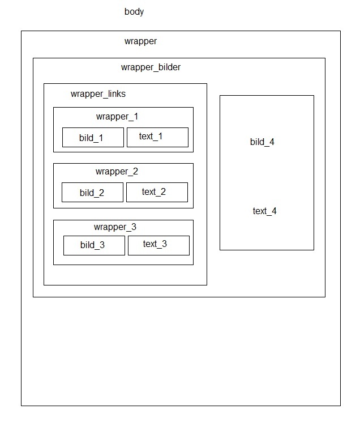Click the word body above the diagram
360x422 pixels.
(134, 12)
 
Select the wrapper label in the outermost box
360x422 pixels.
(140, 41)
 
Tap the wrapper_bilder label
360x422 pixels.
(151, 67)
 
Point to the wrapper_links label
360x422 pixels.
(98, 93)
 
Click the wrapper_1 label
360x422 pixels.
(117, 117)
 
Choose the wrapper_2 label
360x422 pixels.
(117, 172)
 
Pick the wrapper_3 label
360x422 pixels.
(115, 227)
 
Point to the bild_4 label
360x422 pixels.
(262, 142)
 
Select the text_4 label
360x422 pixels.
(264, 211)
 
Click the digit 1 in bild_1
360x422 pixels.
(101, 138)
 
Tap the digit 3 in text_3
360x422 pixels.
(164, 244)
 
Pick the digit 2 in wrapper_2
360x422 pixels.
(135, 171)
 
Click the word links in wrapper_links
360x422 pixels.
(117, 93)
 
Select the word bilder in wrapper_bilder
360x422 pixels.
(169, 67)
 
